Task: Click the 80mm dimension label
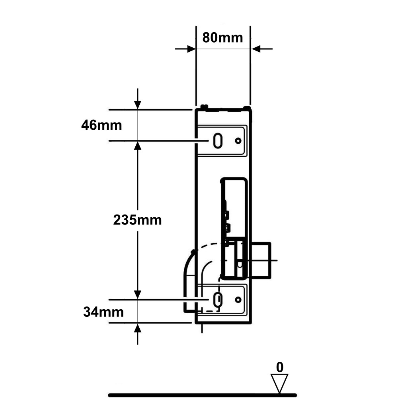[x=222, y=37]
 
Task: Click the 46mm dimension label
[x=101, y=125]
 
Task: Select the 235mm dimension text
[x=137, y=220]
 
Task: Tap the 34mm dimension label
[x=103, y=312]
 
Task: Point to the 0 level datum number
[x=279, y=367]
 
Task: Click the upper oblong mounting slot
[x=218, y=140]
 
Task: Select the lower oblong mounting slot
[x=218, y=300]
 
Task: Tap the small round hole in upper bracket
[x=238, y=140]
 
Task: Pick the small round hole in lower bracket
[x=238, y=300]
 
